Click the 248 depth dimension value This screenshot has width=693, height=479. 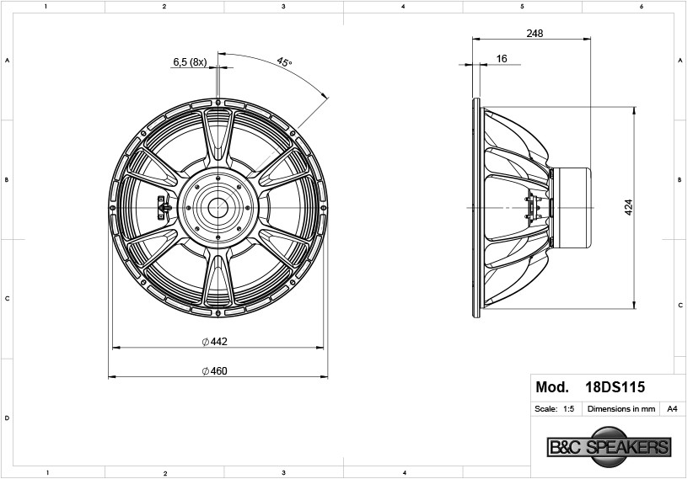(x=534, y=34)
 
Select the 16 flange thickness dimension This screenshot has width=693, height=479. (x=502, y=59)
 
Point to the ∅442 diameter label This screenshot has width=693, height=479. (x=215, y=341)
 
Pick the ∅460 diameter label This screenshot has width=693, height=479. (x=215, y=370)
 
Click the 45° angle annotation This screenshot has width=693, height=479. (x=284, y=62)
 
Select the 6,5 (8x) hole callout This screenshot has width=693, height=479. (x=190, y=62)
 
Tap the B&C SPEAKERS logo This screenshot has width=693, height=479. (x=608, y=447)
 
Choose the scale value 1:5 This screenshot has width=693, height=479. (x=568, y=409)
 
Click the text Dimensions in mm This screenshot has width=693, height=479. (x=621, y=409)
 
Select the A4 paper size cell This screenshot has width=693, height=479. (x=672, y=409)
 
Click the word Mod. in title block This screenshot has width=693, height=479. (x=552, y=388)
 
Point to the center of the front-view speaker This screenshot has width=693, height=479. (x=218, y=206)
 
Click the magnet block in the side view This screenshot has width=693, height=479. (x=572, y=207)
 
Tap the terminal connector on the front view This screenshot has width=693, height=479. (x=163, y=207)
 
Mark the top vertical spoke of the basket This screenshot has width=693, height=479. (x=218, y=135)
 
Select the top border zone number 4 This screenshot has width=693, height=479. (x=403, y=7)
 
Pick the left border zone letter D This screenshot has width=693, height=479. (x=8, y=418)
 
